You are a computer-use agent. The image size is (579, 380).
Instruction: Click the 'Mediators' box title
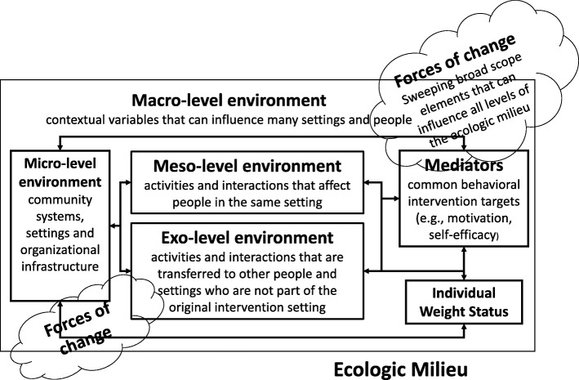462,165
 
